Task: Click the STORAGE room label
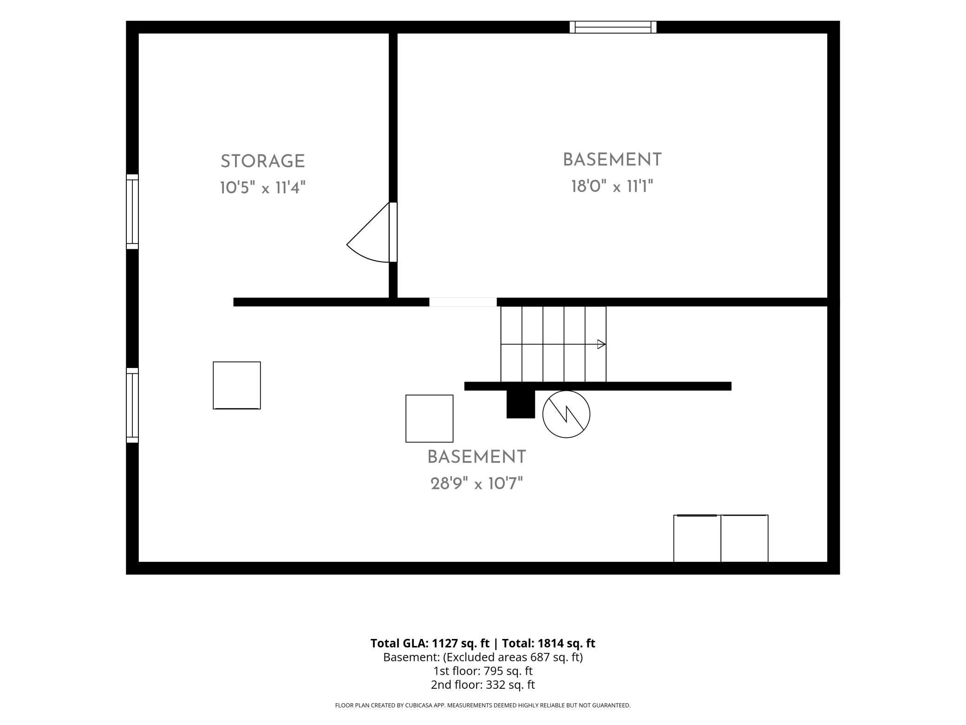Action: click(x=262, y=162)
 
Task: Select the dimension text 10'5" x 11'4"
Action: click(x=262, y=188)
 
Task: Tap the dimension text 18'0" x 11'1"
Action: click(x=612, y=187)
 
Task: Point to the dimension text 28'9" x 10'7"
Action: click(x=476, y=484)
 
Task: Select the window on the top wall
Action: click(x=613, y=27)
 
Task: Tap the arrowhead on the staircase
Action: click(x=601, y=344)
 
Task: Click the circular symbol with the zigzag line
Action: click(x=566, y=414)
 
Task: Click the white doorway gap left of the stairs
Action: click(x=463, y=302)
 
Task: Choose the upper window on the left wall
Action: click(x=132, y=212)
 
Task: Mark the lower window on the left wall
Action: click(x=132, y=405)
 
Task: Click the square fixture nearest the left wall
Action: click(x=237, y=385)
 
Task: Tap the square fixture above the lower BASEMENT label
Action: click(x=430, y=419)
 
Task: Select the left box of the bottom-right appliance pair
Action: click(x=697, y=539)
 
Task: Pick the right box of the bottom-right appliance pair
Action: click(x=744, y=539)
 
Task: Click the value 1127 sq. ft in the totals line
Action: click(x=461, y=643)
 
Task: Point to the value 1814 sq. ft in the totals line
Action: click(x=567, y=643)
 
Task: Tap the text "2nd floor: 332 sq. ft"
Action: click(x=483, y=685)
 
